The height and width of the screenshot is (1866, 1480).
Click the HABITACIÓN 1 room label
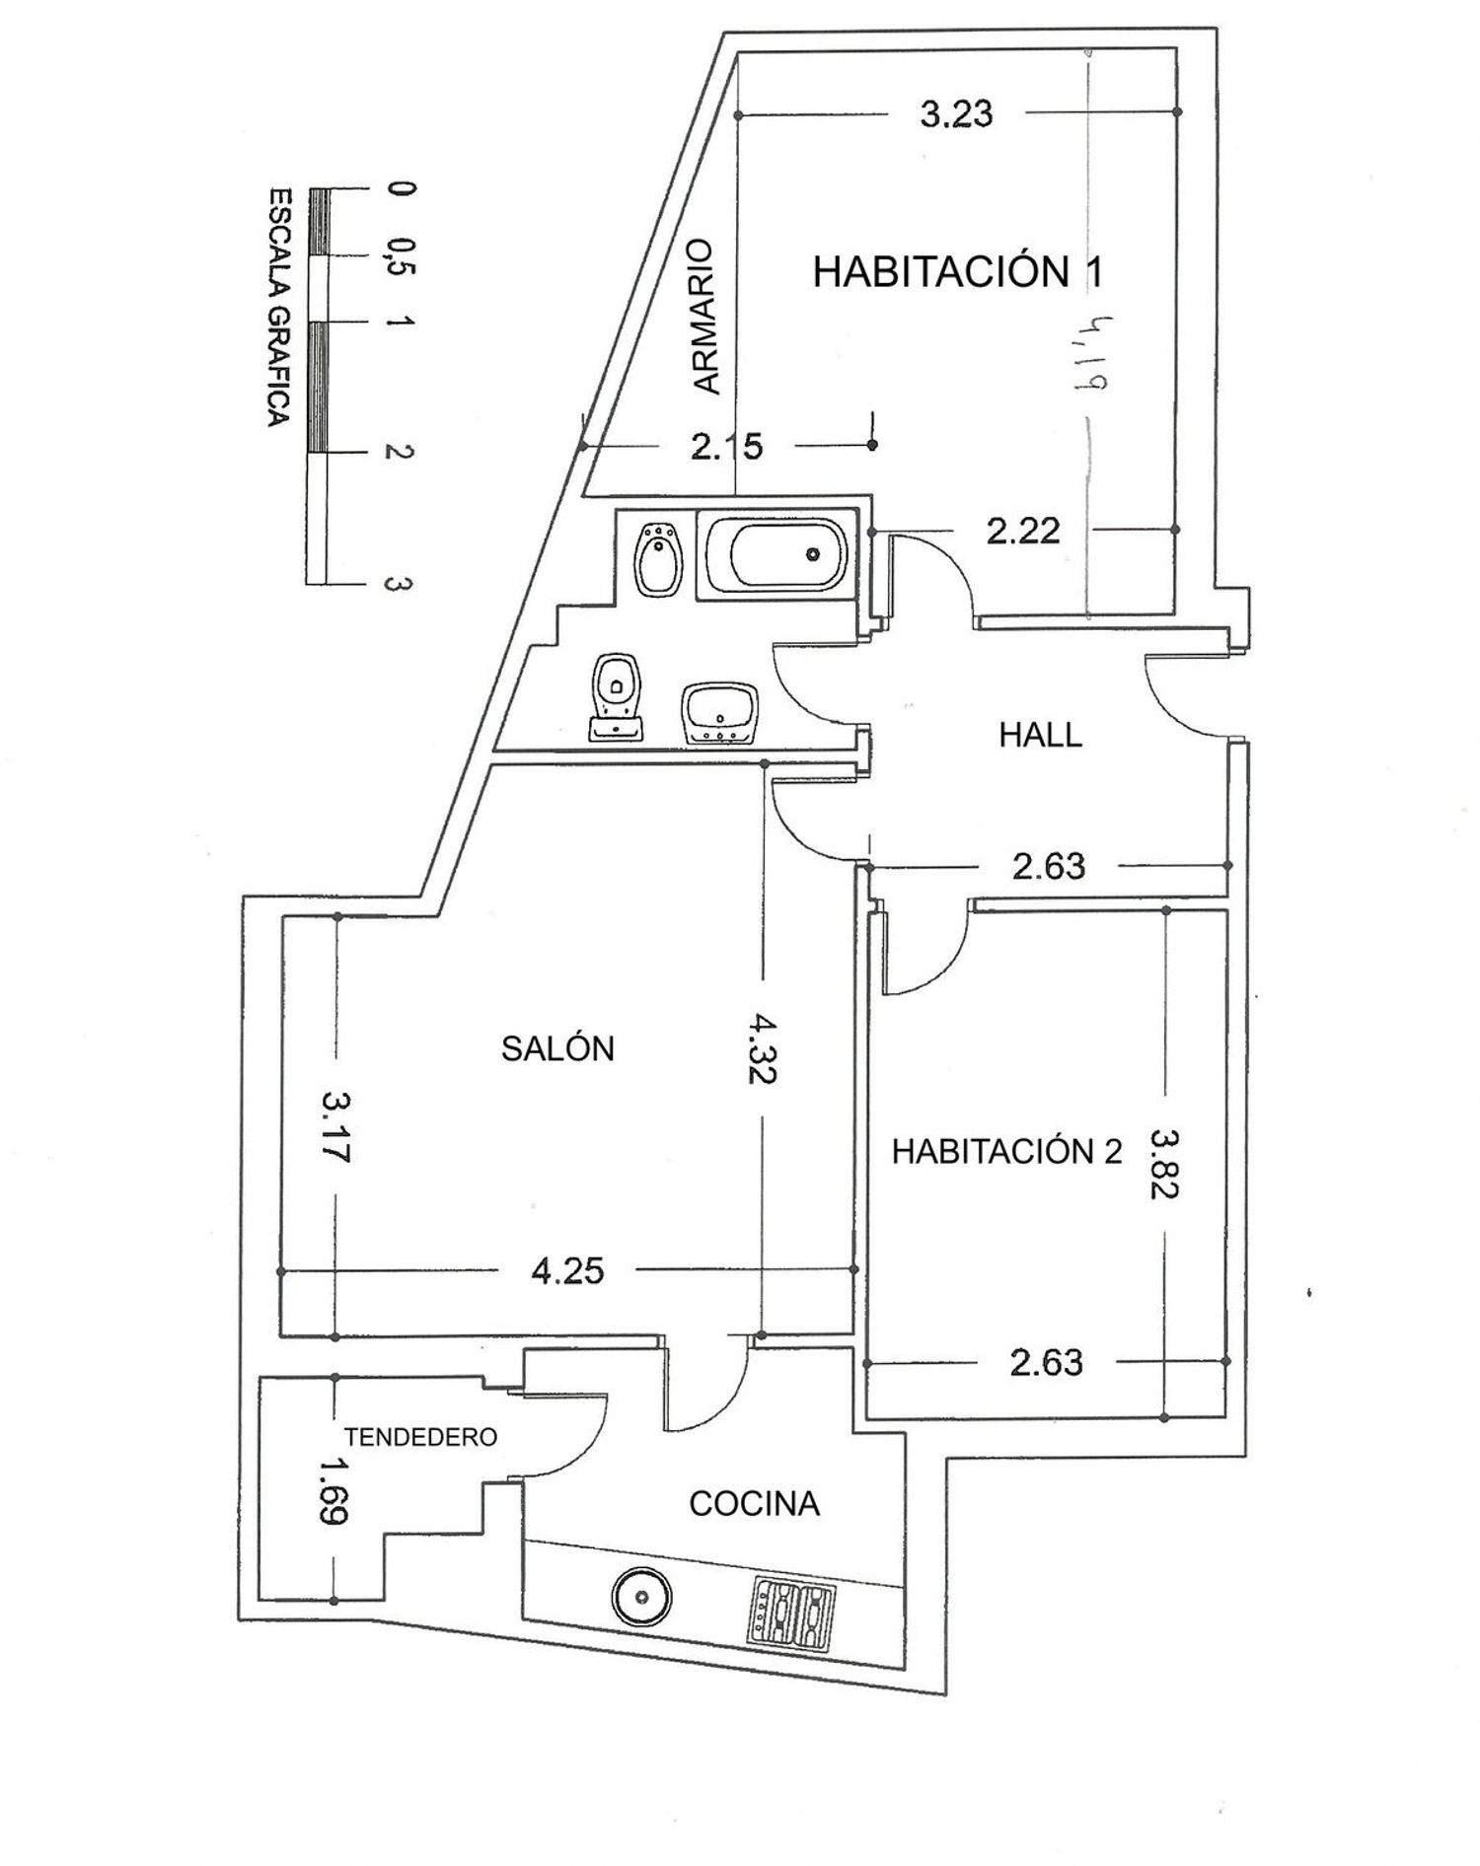click(x=956, y=271)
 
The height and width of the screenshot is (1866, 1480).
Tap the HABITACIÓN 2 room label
click(x=1006, y=1151)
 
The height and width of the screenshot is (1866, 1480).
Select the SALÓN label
click(x=557, y=1047)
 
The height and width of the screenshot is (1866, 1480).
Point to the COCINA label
click(x=754, y=1504)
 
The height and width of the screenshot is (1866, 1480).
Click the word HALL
click(x=1040, y=735)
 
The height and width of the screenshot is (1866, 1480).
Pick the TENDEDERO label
click(x=420, y=1437)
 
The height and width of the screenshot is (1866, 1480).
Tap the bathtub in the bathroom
click(x=773, y=555)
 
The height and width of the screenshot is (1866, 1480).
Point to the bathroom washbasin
click(x=719, y=712)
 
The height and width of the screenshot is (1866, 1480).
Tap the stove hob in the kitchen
click(x=794, y=1615)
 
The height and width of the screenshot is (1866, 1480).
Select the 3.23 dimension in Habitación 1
click(x=956, y=114)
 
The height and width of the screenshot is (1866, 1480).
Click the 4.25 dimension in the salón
click(x=567, y=1270)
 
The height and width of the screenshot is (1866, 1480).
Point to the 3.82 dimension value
click(x=1164, y=1164)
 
